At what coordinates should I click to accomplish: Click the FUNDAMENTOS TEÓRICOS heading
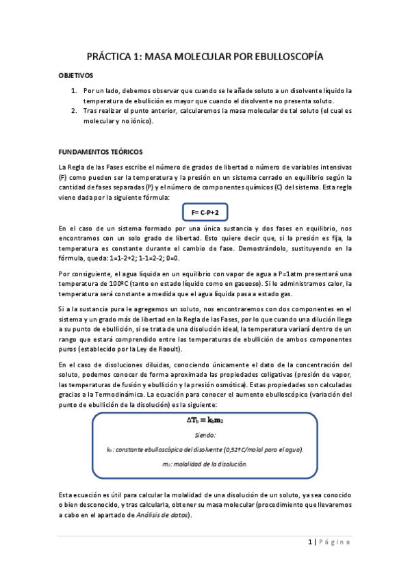click(x=101, y=152)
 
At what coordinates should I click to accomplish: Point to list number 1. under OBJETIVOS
click(x=75, y=90)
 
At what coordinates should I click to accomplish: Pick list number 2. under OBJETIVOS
click(x=75, y=111)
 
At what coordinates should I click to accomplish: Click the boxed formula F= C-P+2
click(x=205, y=213)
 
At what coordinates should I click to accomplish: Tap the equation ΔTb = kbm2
click(x=205, y=421)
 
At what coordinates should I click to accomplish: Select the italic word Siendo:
click(x=205, y=434)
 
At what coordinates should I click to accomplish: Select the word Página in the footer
click(x=335, y=542)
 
